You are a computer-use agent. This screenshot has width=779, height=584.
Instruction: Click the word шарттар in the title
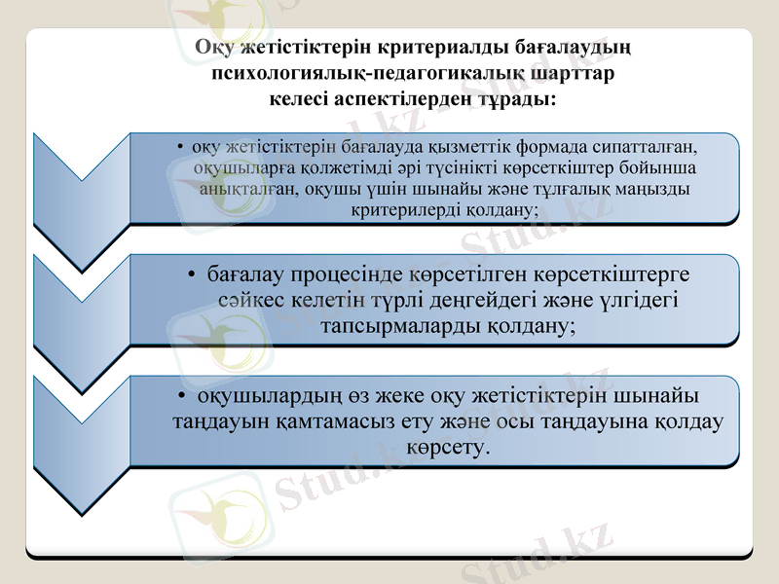[577, 72]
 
